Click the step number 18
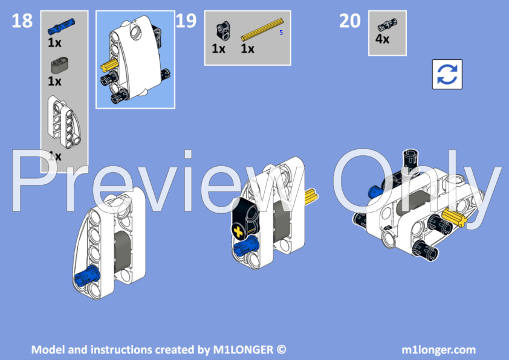coord(22,21)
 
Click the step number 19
coord(186,21)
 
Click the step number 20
coord(349,21)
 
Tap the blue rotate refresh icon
coord(447,74)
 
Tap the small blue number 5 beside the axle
coord(281,33)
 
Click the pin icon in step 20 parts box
coord(383,25)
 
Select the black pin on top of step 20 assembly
coord(413,157)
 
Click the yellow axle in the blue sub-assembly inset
coord(109,66)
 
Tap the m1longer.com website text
coord(438,349)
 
